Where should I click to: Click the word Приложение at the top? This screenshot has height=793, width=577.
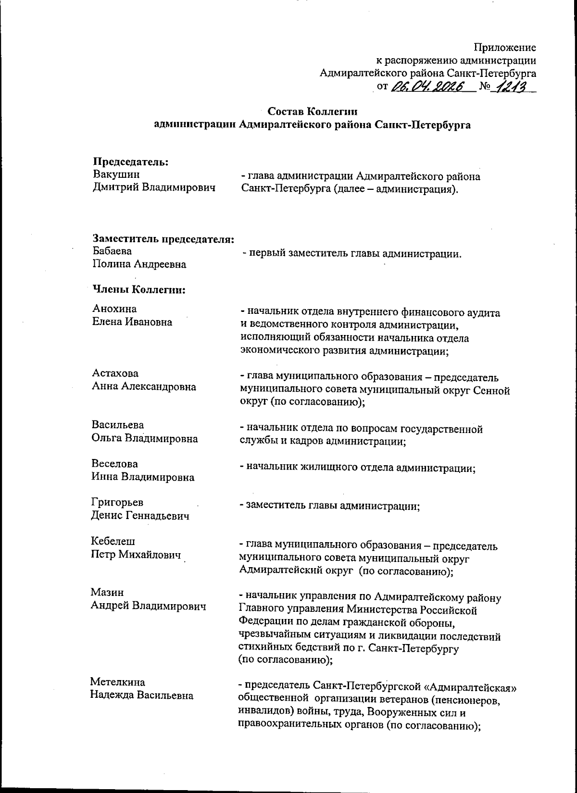(x=505, y=48)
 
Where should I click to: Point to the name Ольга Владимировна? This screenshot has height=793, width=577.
(x=144, y=438)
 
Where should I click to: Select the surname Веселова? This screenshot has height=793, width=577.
(x=114, y=464)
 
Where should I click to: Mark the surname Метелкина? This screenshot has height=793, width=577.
(x=118, y=682)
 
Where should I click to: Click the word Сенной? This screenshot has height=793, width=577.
(x=492, y=391)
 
